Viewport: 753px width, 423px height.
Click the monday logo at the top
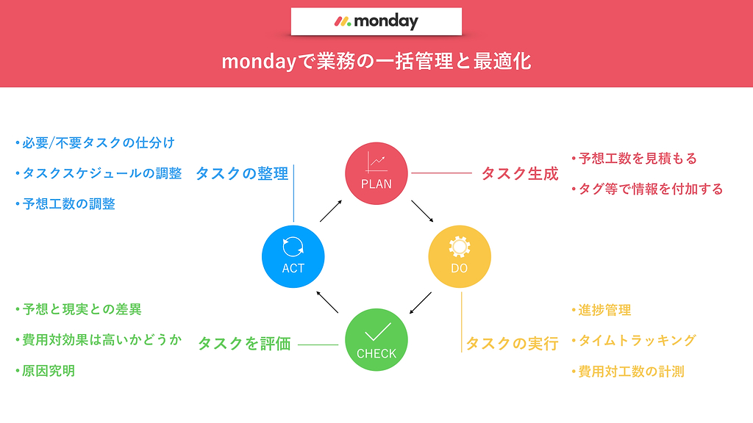click(x=376, y=21)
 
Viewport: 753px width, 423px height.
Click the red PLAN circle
click(x=376, y=173)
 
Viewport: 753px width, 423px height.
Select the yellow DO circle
click(x=460, y=256)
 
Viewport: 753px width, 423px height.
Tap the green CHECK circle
click(x=376, y=339)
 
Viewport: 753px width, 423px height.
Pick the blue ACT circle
click(x=293, y=256)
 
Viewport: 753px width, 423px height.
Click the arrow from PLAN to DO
click(x=422, y=211)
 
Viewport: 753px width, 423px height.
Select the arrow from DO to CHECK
click(x=420, y=303)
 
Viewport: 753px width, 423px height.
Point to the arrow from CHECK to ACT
click(x=327, y=302)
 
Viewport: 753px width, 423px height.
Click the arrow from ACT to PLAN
click(x=331, y=211)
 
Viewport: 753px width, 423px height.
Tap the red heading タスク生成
click(x=520, y=173)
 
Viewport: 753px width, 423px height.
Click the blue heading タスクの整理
click(x=242, y=173)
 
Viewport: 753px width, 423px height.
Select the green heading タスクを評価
click(x=244, y=344)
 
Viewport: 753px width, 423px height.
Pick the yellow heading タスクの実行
click(x=512, y=344)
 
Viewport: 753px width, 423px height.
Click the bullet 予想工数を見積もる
click(x=634, y=159)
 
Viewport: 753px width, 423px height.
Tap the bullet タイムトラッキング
click(x=633, y=341)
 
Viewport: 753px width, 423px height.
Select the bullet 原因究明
click(x=45, y=371)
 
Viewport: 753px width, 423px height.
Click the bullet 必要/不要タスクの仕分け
click(x=95, y=143)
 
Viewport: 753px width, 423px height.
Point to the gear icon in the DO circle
click(x=460, y=247)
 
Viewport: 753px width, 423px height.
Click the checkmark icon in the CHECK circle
click(x=377, y=331)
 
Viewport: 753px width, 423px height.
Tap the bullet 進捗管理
click(x=602, y=311)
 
